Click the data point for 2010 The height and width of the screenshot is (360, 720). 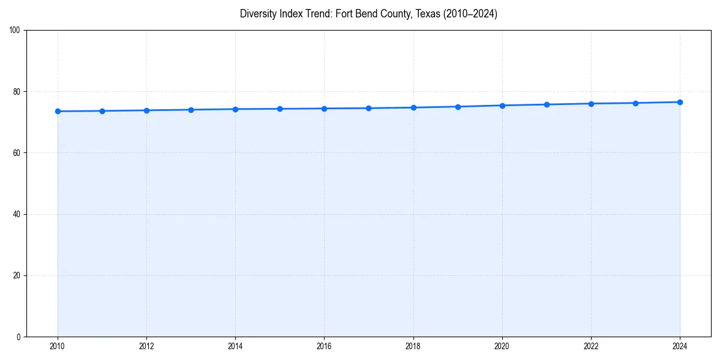click(58, 111)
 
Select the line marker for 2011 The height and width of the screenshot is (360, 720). click(102, 111)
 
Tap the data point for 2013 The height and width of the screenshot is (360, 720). click(191, 110)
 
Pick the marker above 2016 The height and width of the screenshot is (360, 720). click(324, 109)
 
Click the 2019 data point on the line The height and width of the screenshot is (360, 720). click(458, 107)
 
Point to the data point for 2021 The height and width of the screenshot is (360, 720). click(547, 104)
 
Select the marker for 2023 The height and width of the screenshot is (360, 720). click(635, 103)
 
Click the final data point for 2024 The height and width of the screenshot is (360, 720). click(680, 102)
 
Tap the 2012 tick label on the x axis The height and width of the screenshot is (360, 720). click(146, 346)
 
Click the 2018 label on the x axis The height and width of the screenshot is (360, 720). click(413, 346)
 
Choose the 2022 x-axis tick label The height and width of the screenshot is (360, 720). click(591, 346)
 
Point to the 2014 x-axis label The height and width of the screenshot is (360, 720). click(235, 346)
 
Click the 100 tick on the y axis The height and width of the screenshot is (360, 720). click(15, 30)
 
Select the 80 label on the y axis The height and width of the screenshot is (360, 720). click(17, 92)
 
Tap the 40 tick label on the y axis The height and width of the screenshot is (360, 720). click(17, 214)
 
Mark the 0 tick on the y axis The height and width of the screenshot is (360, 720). click(19, 337)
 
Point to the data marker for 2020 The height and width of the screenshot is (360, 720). click(502, 106)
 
